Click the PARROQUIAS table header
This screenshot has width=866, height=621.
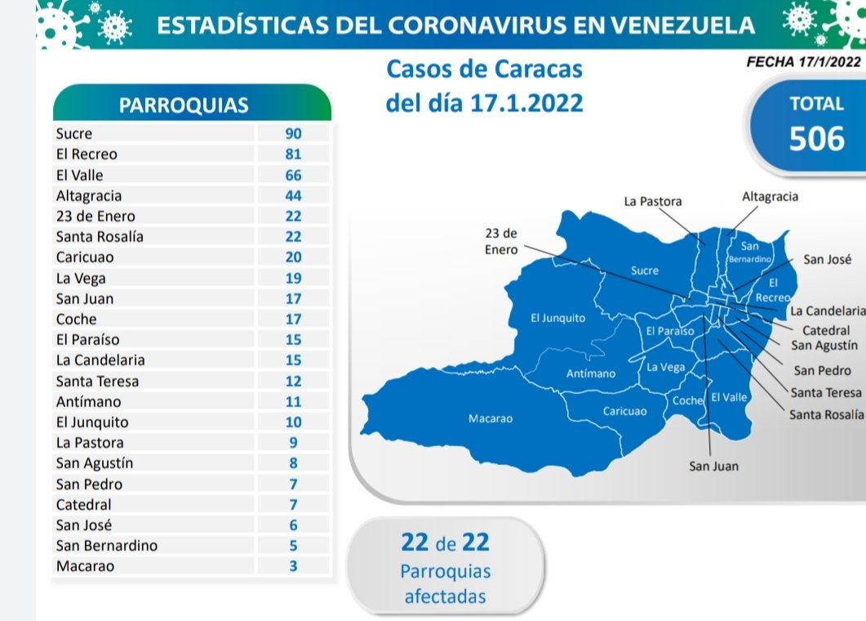click(184, 105)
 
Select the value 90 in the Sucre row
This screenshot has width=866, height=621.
click(294, 133)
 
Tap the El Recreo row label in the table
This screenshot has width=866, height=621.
click(87, 154)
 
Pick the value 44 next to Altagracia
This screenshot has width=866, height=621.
click(294, 195)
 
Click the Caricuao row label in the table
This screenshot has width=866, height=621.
click(85, 257)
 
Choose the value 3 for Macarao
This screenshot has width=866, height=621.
click(294, 565)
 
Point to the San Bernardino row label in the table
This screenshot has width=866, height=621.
click(107, 545)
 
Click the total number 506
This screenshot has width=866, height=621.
click(817, 139)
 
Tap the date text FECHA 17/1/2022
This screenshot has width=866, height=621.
click(803, 60)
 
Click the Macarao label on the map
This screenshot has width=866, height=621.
click(490, 419)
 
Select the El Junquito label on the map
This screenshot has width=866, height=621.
click(557, 318)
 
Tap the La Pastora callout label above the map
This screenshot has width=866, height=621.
click(652, 201)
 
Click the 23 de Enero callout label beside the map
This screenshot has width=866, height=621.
click(501, 242)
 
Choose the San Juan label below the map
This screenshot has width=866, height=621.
click(713, 467)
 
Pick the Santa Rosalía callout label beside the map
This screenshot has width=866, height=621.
click(827, 415)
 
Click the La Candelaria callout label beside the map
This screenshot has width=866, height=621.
click(828, 311)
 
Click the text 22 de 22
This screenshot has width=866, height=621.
click(445, 542)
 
